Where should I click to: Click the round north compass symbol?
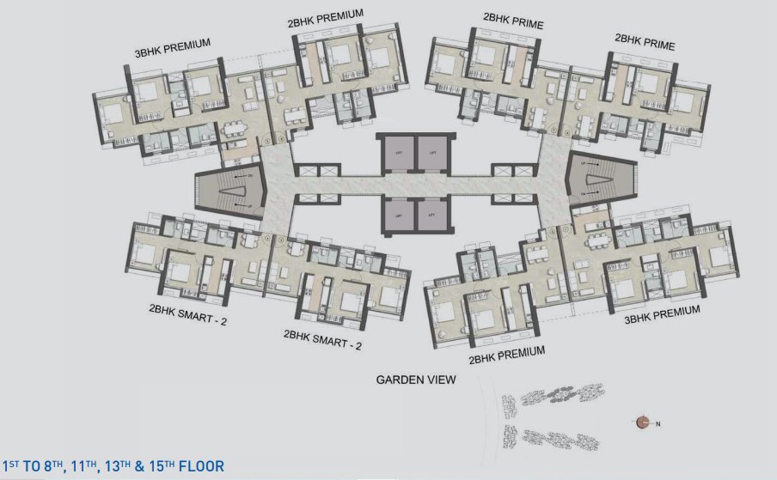click(x=642, y=422)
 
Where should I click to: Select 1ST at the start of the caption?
click(x=11, y=466)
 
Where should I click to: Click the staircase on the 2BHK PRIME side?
click(x=602, y=182)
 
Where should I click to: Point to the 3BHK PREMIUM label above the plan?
click(x=173, y=48)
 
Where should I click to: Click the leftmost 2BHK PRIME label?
click(x=513, y=21)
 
